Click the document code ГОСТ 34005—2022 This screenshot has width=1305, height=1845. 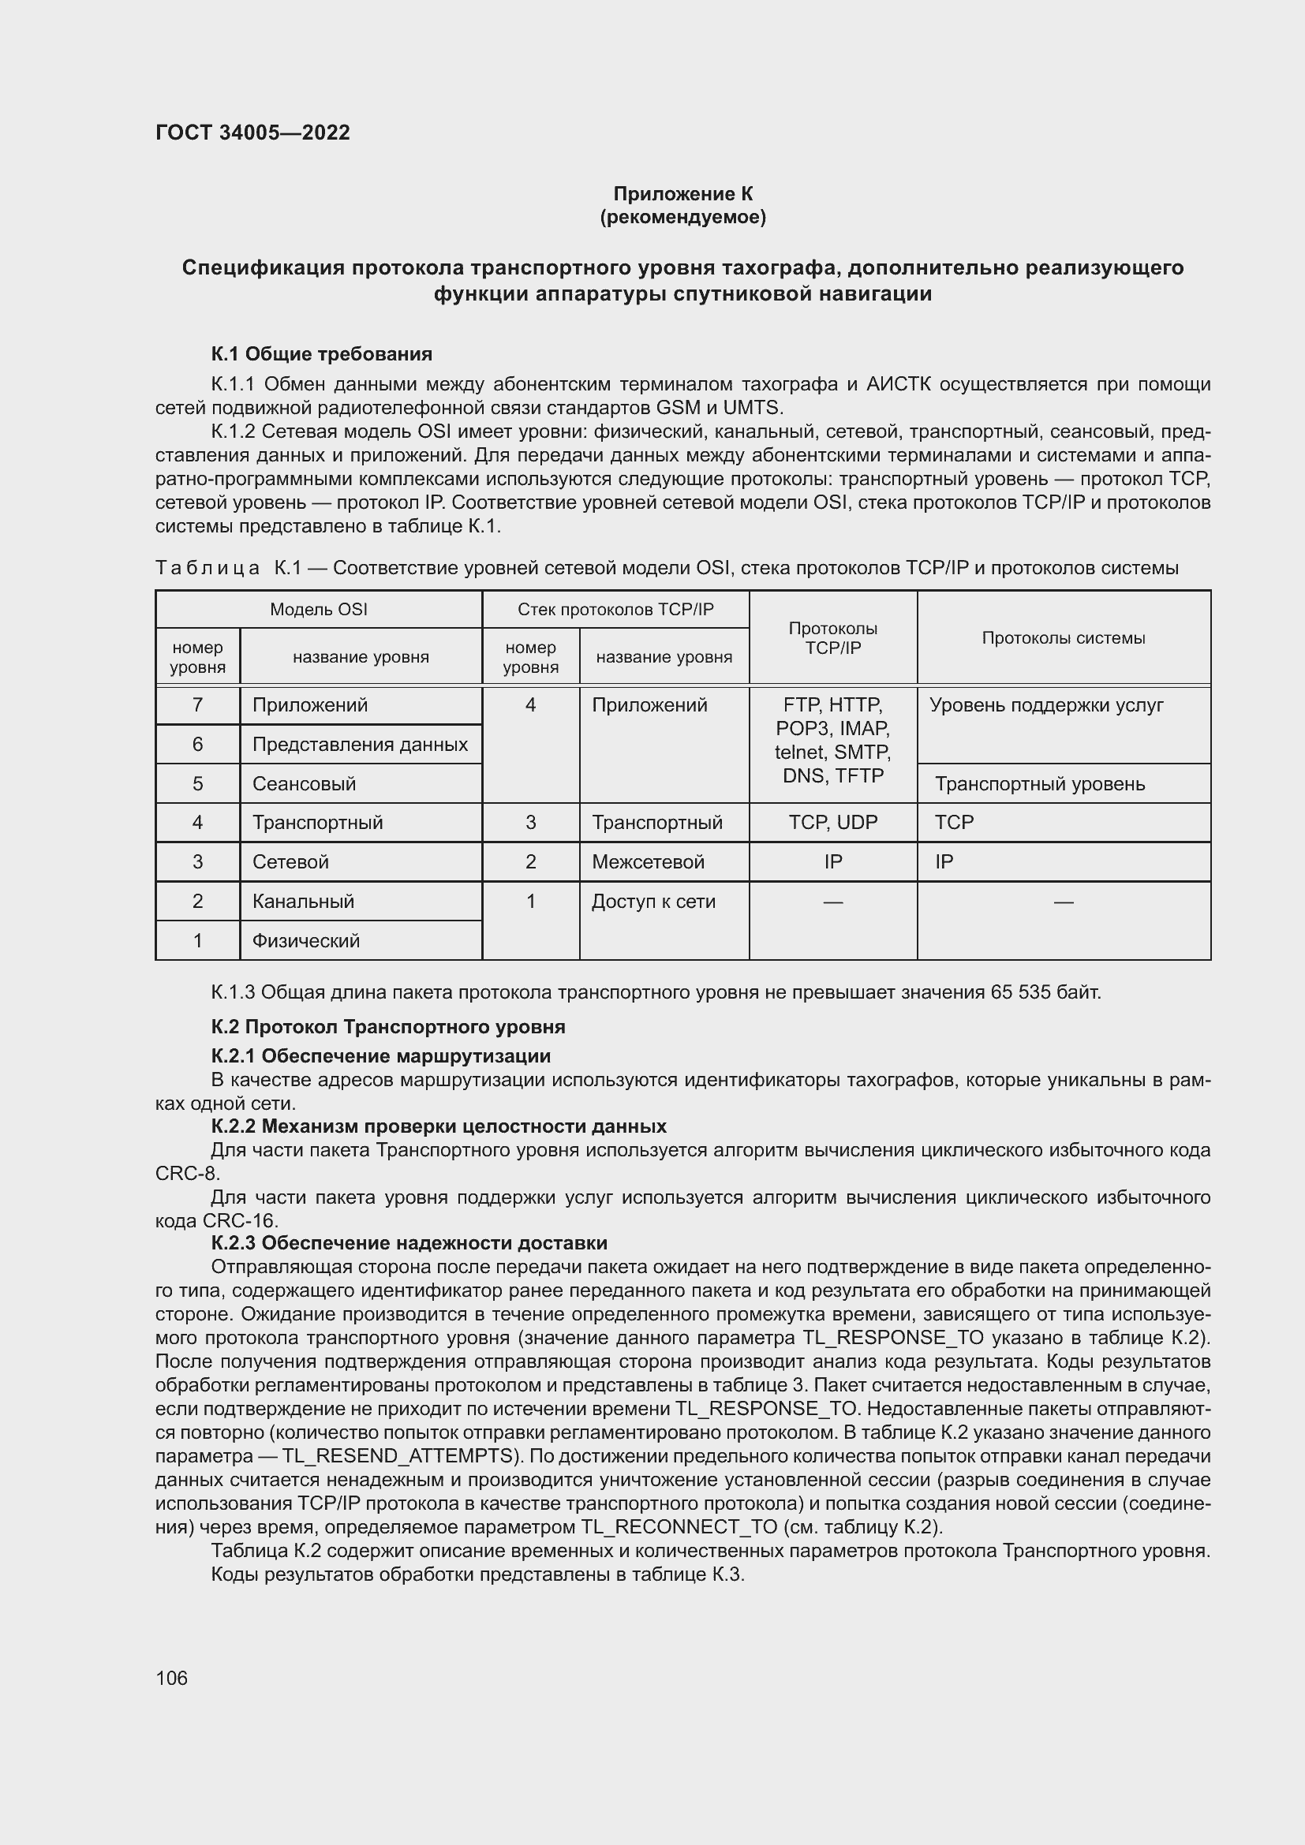(252, 133)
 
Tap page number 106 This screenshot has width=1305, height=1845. (171, 1678)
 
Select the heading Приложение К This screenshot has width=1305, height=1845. (683, 194)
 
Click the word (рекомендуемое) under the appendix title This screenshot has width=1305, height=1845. (683, 217)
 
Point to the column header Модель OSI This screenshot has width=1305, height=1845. (318, 609)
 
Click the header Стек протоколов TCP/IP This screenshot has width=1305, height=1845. (615, 609)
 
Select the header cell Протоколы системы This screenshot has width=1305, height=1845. (1063, 638)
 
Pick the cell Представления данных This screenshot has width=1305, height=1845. (360, 744)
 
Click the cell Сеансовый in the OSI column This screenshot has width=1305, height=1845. (304, 783)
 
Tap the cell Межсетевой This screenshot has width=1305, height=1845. (648, 861)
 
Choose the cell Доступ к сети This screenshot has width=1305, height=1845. (653, 901)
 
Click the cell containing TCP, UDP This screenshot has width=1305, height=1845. (832, 822)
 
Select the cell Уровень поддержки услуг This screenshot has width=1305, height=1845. (1046, 704)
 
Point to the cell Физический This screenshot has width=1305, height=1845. (305, 940)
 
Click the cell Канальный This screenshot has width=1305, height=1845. (303, 901)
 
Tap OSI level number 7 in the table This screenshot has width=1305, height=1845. (198, 704)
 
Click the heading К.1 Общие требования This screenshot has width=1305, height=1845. (321, 353)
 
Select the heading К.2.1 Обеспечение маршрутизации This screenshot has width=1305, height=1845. (381, 1055)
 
